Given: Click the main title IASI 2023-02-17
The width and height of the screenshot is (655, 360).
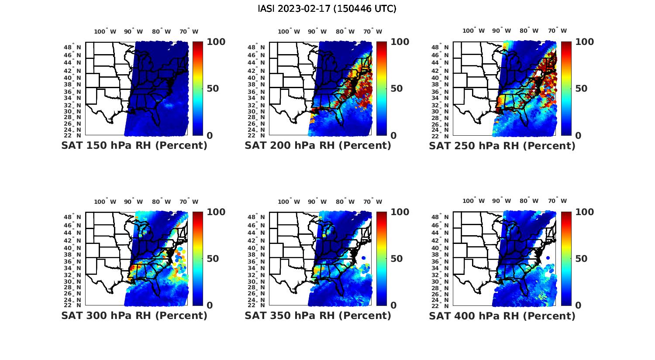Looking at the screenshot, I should (x=327, y=9).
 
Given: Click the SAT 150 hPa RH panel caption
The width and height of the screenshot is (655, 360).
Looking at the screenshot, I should (x=134, y=146).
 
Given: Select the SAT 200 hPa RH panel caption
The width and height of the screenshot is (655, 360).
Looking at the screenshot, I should (x=318, y=146).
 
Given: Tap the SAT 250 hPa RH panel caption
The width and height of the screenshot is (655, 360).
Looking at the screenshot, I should (x=502, y=146).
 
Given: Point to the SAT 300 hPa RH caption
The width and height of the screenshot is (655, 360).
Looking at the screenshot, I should (x=134, y=315).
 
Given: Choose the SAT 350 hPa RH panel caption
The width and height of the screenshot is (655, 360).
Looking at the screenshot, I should (x=318, y=315).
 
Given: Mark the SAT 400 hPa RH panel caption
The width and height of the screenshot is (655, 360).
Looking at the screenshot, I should (x=502, y=315).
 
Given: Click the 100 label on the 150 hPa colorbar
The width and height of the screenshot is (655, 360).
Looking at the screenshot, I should (x=216, y=42).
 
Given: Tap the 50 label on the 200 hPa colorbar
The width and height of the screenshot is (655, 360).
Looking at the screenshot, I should (x=396, y=89).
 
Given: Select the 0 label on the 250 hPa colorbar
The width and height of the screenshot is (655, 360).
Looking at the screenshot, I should (x=578, y=136).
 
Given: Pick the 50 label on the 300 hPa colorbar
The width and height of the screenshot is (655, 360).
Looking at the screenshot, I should (x=213, y=259).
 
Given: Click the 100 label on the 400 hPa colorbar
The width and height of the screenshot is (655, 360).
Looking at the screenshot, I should (x=584, y=212).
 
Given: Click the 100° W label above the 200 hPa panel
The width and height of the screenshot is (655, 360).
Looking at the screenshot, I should (x=289, y=31).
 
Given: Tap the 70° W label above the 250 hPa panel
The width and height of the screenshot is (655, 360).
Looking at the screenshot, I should (x=557, y=31).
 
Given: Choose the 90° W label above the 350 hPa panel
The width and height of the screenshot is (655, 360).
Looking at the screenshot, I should (x=317, y=202).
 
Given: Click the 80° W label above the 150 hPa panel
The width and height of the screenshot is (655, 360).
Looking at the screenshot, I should (x=162, y=31).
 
